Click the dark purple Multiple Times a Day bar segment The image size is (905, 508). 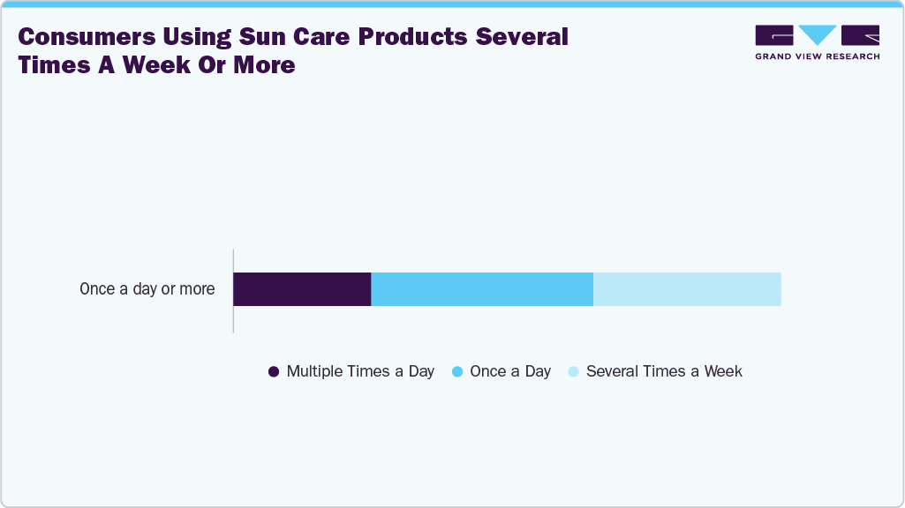[x=302, y=289]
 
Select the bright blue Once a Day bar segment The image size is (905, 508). [x=482, y=289]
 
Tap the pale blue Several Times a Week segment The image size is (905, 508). [x=687, y=289]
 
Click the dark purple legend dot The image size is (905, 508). [x=274, y=372]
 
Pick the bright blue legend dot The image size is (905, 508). [x=457, y=372]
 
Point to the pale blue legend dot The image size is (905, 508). [x=573, y=372]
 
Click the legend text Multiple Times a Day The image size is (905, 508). [x=360, y=371]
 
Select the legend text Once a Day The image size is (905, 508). [x=510, y=371]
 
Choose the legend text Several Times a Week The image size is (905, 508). [x=664, y=371]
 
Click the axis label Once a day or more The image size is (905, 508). [x=147, y=289]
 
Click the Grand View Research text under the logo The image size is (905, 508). [x=817, y=56]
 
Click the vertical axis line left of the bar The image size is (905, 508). [x=233, y=291]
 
